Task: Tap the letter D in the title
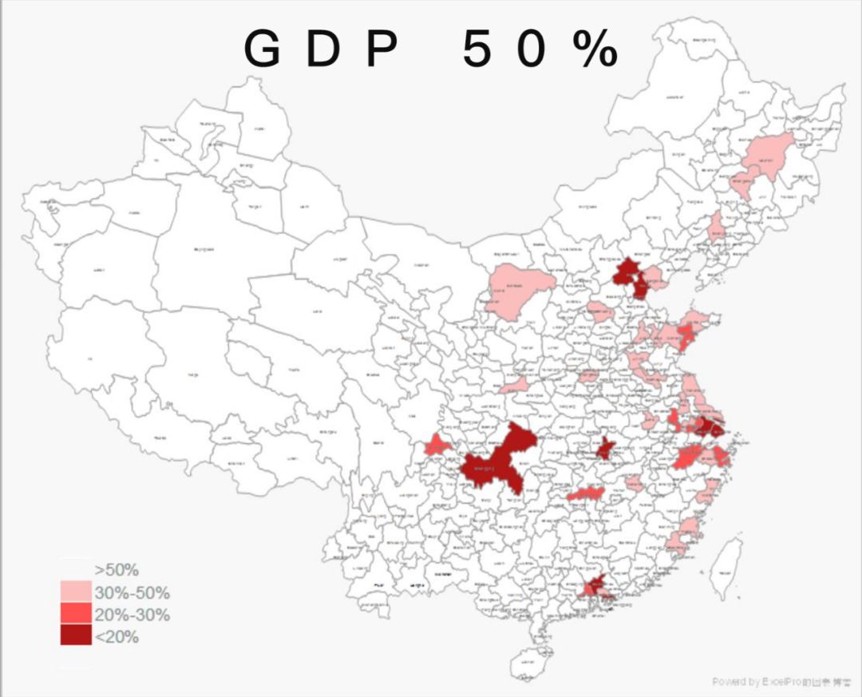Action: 322,51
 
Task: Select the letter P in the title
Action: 381,51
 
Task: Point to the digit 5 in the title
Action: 476,51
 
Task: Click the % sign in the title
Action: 595,51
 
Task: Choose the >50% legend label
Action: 117,570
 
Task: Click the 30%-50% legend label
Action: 132,593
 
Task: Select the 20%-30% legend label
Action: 132,616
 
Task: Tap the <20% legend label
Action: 117,637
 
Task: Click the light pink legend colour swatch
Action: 75,592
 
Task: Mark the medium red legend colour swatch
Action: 75,613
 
